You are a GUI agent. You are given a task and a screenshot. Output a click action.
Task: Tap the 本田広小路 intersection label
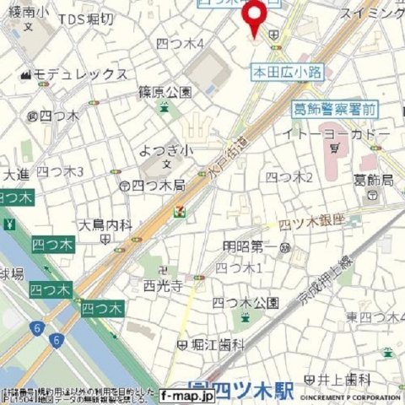(287, 73)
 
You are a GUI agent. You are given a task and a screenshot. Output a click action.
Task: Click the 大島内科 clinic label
(105, 225)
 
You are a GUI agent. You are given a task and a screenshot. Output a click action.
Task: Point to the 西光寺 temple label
(163, 286)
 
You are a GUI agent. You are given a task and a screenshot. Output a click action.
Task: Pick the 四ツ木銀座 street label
(313, 222)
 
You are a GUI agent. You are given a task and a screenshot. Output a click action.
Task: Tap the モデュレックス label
(89, 74)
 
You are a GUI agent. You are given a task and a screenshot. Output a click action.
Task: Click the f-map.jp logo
(183, 393)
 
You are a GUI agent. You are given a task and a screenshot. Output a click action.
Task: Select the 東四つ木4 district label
(371, 316)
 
